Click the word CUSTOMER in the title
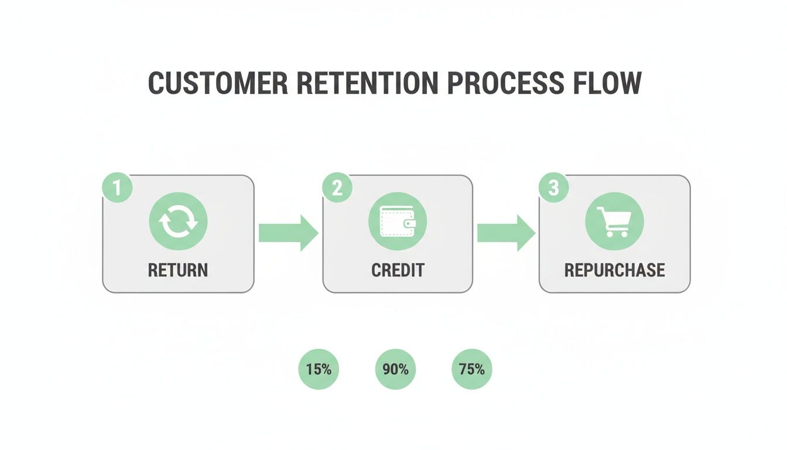[x=218, y=83]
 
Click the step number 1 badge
[x=117, y=188]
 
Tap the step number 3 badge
[x=553, y=188]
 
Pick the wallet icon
[x=398, y=222]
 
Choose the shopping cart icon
[x=614, y=222]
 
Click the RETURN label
[x=178, y=270]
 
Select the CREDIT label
[x=398, y=270]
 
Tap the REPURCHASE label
[x=614, y=270]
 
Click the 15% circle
[x=319, y=370]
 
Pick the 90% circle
[x=395, y=370]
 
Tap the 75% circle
[x=472, y=370]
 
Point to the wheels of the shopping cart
[x=615, y=234]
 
